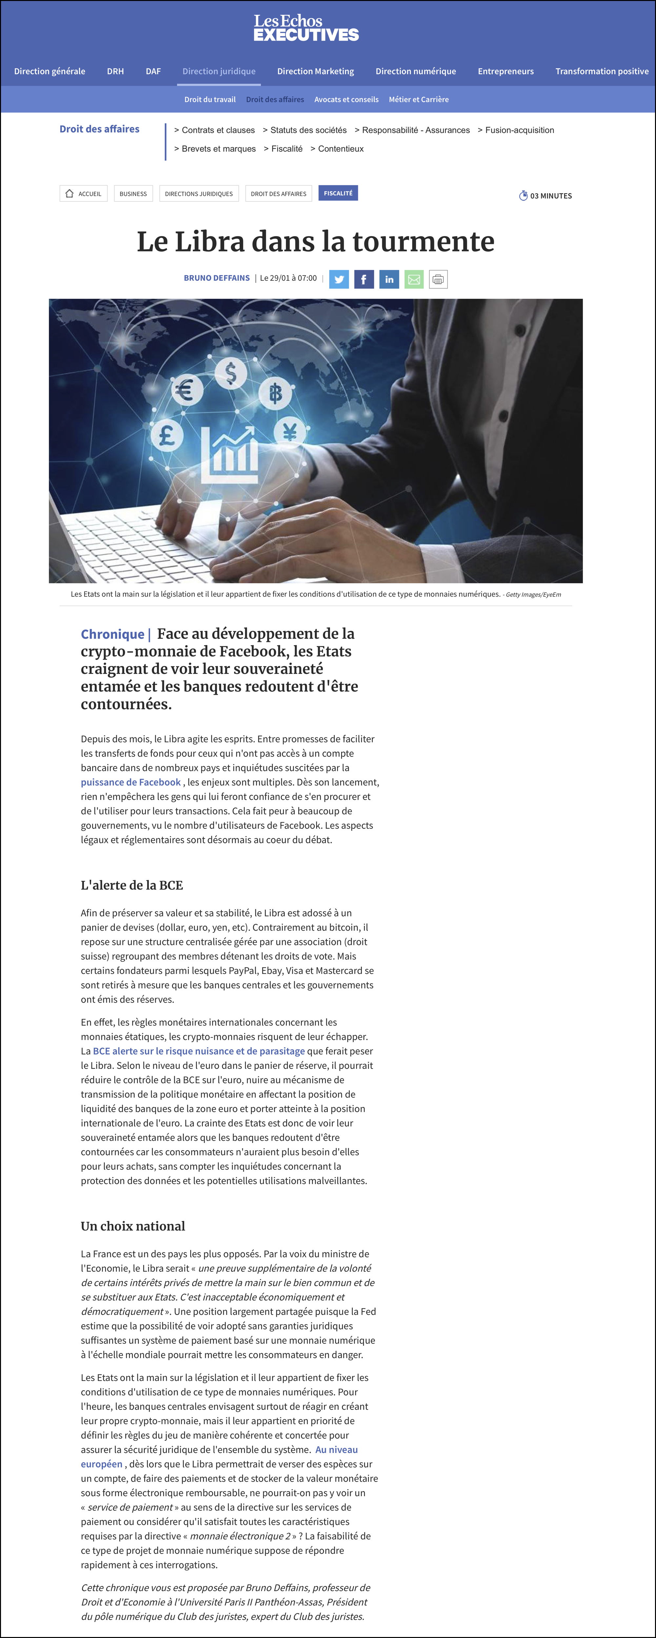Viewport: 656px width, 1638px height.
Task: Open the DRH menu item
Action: point(115,71)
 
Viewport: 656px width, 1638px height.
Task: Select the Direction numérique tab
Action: point(415,71)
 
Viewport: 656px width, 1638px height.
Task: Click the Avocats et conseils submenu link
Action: point(346,99)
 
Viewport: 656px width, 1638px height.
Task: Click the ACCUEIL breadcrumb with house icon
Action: point(83,193)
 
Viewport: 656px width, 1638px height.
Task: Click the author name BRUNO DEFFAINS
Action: point(216,278)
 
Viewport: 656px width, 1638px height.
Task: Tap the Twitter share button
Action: point(339,279)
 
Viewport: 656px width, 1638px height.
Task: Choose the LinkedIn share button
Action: point(389,279)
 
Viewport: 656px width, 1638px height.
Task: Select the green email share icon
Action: point(414,279)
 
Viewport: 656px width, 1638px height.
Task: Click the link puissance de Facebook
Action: point(130,782)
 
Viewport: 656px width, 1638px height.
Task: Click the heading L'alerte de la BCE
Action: point(132,885)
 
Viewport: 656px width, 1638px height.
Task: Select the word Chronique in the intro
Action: point(113,634)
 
